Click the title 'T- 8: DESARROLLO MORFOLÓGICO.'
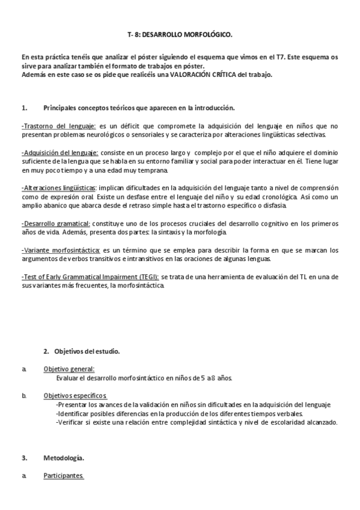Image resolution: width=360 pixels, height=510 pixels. click(x=180, y=35)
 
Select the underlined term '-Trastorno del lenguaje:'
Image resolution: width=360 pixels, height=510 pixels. click(x=58, y=126)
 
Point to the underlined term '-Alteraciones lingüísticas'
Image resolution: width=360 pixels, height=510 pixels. click(x=59, y=188)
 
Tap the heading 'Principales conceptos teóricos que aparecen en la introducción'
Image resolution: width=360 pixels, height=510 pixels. click(x=138, y=108)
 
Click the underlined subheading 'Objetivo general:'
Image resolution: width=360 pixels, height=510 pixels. click(x=69, y=369)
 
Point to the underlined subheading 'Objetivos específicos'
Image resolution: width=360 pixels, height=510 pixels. click(x=75, y=396)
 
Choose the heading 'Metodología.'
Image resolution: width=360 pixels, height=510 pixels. click(x=64, y=458)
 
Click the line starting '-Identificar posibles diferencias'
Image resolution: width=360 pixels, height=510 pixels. click(x=180, y=413)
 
